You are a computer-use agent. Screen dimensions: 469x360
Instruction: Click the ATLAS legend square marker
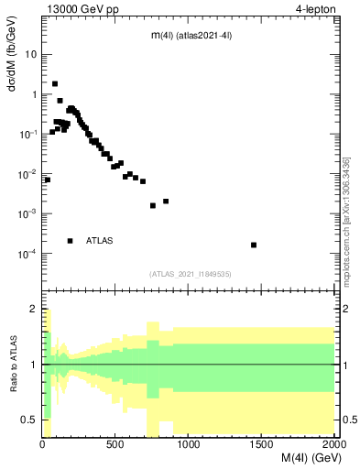(71, 241)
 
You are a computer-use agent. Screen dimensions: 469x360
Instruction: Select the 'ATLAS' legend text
(100, 241)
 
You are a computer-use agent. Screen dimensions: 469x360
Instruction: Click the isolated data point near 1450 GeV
(254, 245)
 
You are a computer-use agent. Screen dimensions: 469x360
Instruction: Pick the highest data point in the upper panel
(55, 83)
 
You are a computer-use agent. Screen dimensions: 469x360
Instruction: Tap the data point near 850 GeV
(166, 202)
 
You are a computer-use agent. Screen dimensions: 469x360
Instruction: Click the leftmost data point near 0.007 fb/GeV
(47, 180)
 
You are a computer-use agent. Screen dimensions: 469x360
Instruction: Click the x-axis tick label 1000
(189, 445)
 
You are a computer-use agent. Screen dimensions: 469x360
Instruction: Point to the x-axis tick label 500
(115, 445)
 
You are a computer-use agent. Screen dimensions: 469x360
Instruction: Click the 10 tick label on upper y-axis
(31, 54)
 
